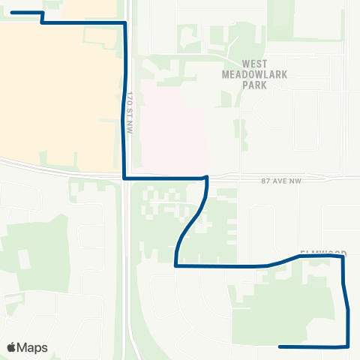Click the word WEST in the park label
tap(255, 64)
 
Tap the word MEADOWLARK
tap(255, 74)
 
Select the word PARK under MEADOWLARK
tap(255, 85)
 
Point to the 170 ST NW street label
tap(130, 103)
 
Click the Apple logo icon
tap(11, 347)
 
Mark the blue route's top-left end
tap(12, 13)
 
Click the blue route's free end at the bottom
tap(279, 346)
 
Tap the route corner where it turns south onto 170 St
tap(124, 23)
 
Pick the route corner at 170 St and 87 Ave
tap(124, 178)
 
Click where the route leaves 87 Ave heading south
tap(206, 178)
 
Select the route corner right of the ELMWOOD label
tap(343, 256)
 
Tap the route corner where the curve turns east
tap(175, 265)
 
